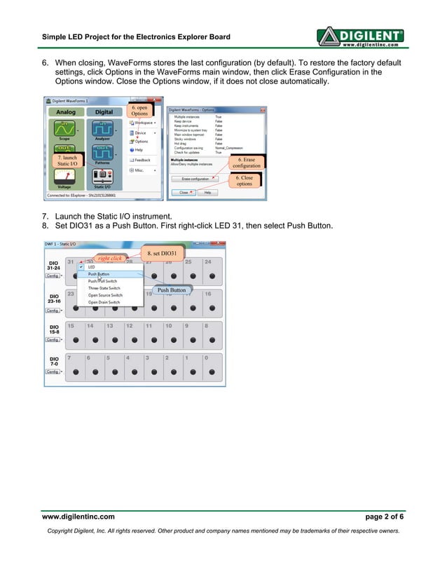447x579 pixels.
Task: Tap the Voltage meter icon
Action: click(64, 177)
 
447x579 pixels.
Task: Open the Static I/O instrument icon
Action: click(102, 177)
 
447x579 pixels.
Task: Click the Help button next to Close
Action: click(206, 192)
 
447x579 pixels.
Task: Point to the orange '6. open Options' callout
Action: click(139, 111)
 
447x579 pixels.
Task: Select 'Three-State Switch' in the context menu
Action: click(104, 288)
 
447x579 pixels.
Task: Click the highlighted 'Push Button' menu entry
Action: click(98, 274)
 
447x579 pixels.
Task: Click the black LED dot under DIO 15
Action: click(71, 339)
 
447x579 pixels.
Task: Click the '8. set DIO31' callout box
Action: click(163, 252)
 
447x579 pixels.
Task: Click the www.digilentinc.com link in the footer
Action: click(78, 516)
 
